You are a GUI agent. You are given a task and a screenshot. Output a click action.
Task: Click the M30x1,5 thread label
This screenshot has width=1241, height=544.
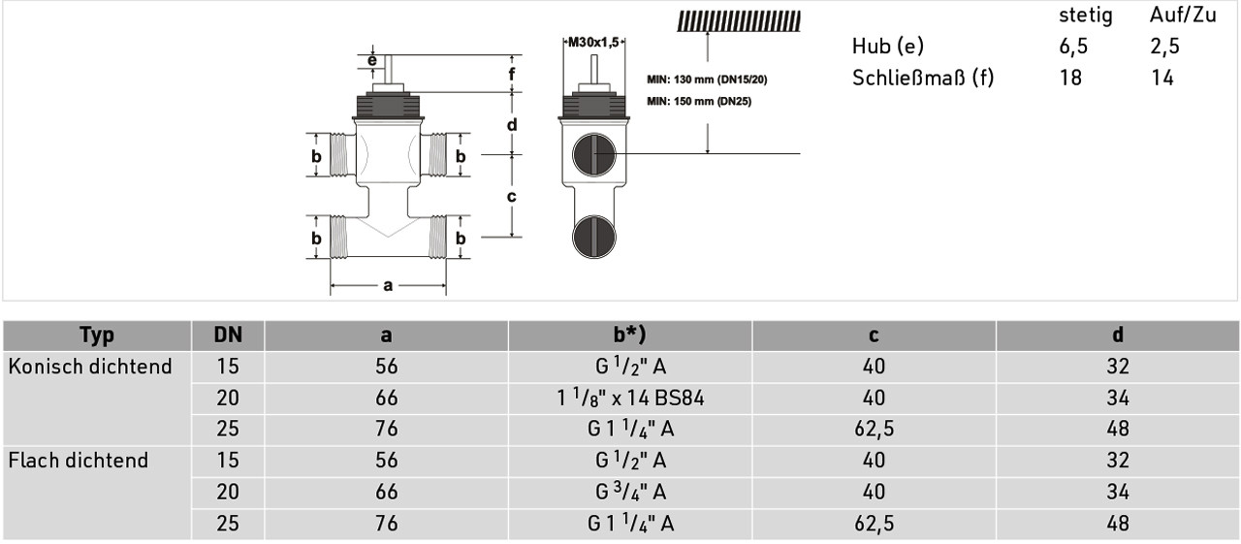[593, 42]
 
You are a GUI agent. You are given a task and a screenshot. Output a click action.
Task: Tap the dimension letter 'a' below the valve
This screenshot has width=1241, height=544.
[388, 285]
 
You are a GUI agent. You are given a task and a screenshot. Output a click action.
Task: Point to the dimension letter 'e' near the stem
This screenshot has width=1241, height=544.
[372, 60]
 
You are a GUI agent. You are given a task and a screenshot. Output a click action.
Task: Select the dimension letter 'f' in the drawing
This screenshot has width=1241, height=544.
[511, 73]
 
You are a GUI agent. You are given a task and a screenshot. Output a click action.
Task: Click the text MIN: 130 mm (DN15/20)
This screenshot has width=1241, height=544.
[707, 80]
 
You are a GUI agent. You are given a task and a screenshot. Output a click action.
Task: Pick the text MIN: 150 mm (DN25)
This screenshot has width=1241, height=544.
[699, 102]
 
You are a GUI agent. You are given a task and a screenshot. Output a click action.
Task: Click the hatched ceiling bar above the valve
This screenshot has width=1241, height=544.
[739, 21]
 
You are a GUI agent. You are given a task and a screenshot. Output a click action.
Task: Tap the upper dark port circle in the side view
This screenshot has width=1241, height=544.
[593, 154]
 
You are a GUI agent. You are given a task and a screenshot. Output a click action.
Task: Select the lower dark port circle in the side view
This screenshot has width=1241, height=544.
[593, 237]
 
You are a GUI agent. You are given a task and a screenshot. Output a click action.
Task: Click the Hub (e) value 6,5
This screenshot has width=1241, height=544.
[1073, 47]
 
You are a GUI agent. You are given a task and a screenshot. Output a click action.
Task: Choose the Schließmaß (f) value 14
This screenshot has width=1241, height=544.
[1161, 78]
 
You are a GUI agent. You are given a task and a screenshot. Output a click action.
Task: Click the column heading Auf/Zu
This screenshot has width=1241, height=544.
[1183, 15]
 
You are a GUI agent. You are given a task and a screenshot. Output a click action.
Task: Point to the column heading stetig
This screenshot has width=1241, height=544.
[1085, 16]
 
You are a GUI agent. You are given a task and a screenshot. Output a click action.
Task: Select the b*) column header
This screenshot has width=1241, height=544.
[629, 335]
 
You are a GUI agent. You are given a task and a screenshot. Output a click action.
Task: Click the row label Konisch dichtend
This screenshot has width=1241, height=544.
[90, 367]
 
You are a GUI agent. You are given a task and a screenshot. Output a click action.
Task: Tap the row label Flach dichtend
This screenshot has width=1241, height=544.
[79, 461]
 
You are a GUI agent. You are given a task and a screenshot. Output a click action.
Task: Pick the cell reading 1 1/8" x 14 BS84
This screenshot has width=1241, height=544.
[630, 398]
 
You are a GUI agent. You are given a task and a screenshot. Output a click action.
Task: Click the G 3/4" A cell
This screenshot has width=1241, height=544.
[630, 492]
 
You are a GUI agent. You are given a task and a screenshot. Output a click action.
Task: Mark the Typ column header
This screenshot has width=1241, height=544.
[97, 336]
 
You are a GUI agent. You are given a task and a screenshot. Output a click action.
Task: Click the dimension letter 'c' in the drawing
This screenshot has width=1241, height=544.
[511, 196]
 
